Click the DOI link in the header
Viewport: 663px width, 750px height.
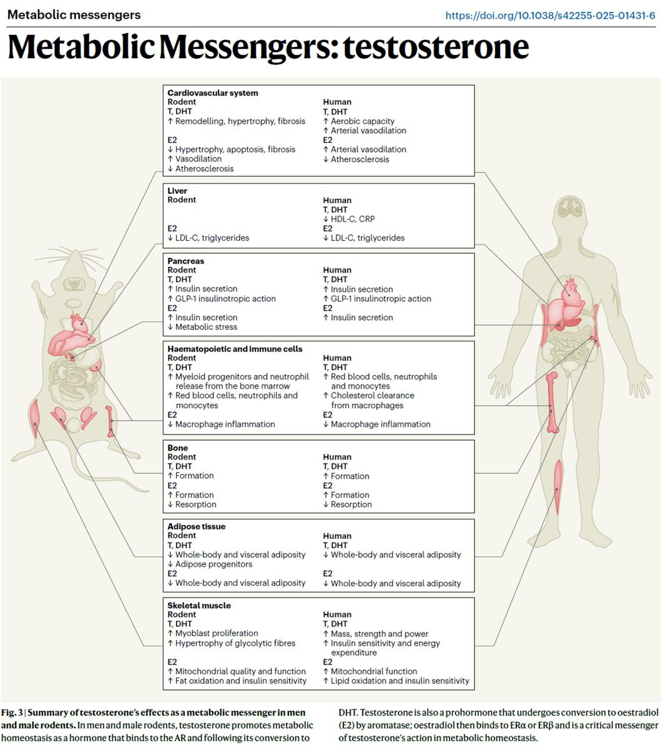[x=550, y=16]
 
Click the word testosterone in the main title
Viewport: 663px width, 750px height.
[x=436, y=47]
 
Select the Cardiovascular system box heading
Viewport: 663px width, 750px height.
[x=213, y=93]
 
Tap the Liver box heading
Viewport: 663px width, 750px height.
[x=177, y=191]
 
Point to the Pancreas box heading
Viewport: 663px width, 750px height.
[x=185, y=261]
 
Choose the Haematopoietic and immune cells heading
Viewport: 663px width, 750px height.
[x=235, y=349]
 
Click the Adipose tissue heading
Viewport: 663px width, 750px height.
[x=197, y=526]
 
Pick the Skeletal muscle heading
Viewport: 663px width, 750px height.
[x=199, y=605]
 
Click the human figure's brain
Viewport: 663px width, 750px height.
[x=569, y=207]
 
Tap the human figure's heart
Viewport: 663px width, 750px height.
[x=571, y=292]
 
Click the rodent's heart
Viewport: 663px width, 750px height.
[x=79, y=324]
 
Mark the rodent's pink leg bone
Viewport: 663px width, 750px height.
[x=110, y=421]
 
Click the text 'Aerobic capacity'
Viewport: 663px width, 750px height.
[x=362, y=121]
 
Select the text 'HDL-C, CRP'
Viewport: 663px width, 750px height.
[x=352, y=219]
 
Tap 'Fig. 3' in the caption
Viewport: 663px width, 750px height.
[x=12, y=712]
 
